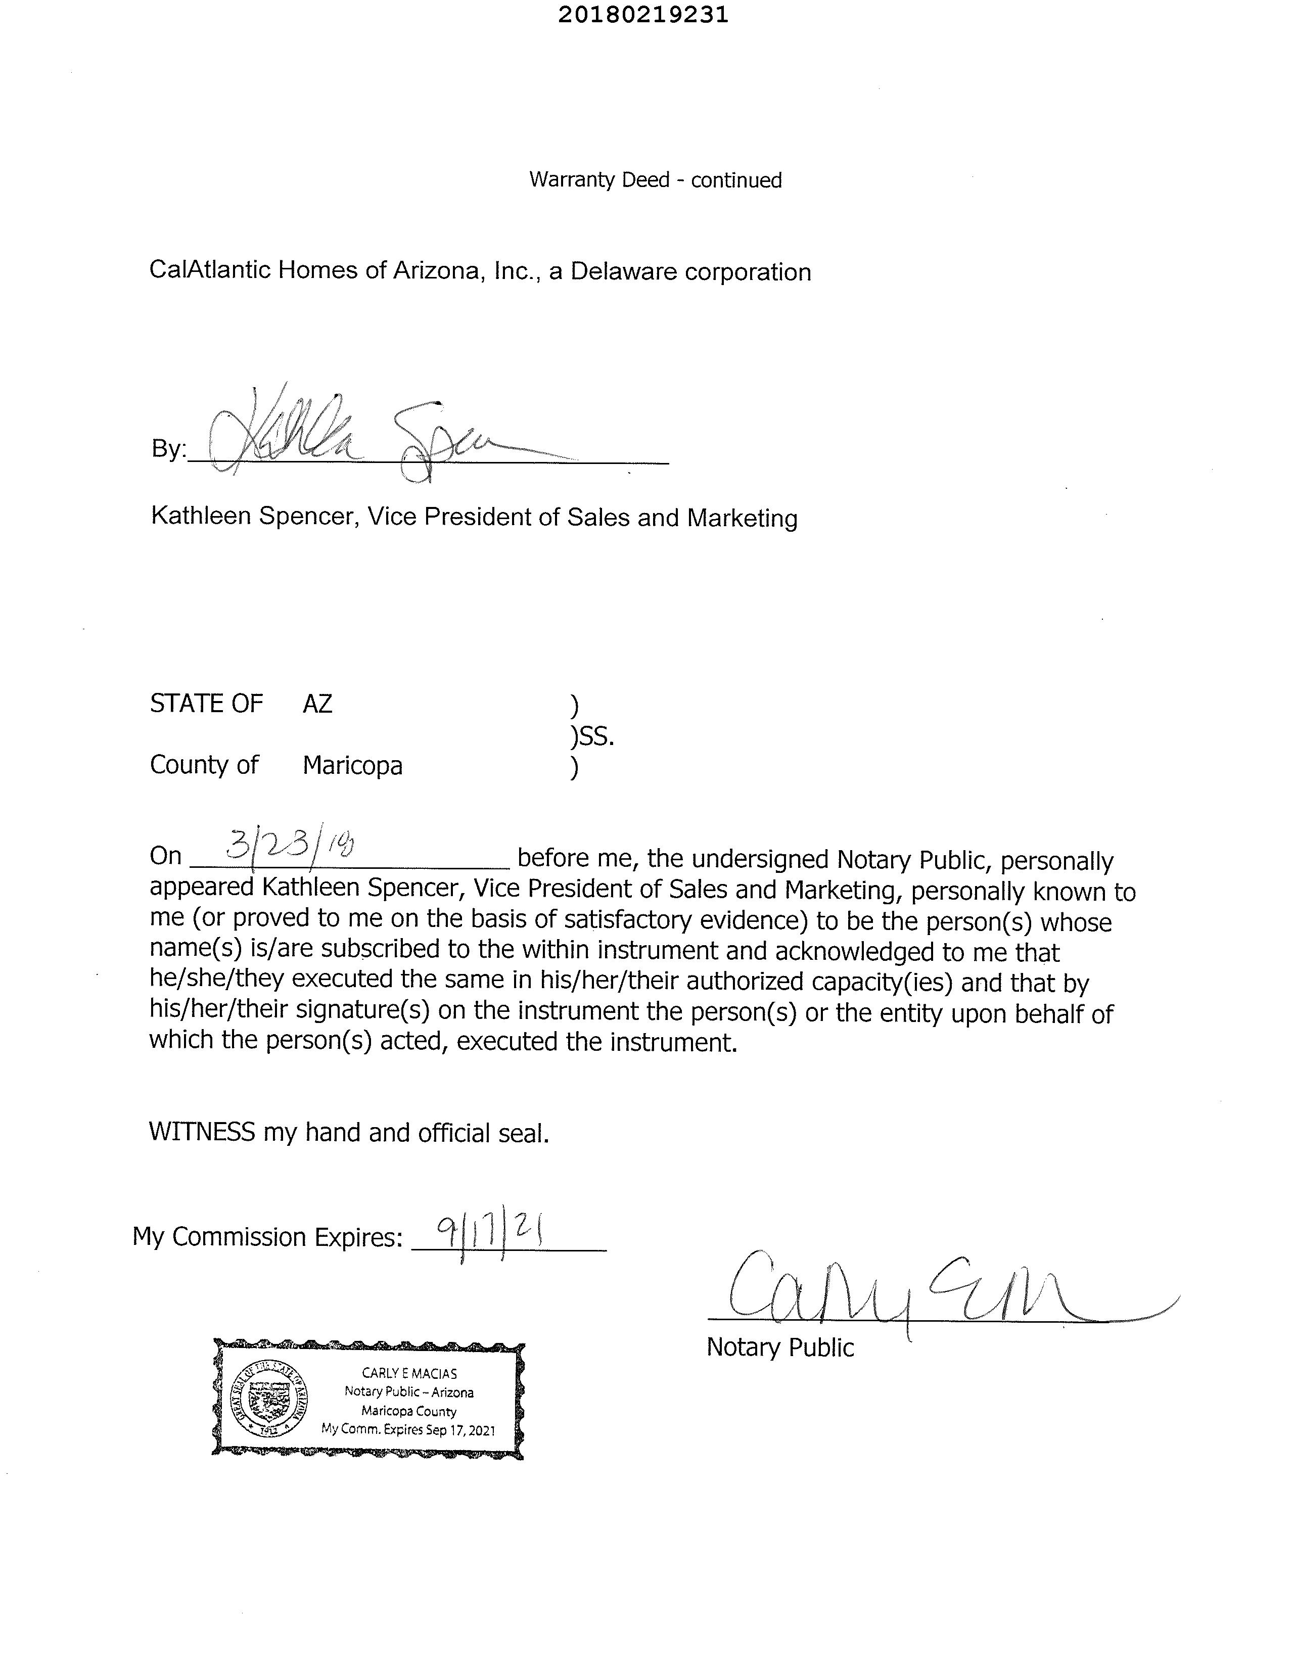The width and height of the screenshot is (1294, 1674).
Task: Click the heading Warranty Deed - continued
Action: (656, 180)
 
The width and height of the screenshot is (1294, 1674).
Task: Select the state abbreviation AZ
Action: (317, 704)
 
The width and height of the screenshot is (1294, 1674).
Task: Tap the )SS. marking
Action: (592, 736)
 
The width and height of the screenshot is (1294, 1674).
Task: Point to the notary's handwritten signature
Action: (905, 1295)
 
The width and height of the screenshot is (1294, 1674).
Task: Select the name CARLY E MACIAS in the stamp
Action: (409, 1374)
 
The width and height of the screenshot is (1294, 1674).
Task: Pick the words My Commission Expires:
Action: (267, 1236)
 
